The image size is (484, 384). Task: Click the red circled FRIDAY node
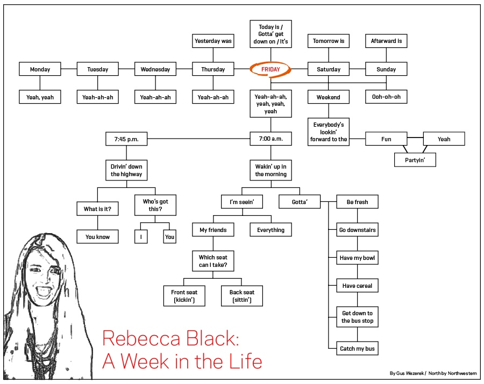pyautogui.click(x=271, y=69)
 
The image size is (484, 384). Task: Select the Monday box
pyautogui.click(x=40, y=69)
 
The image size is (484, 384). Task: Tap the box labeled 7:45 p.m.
pyautogui.click(x=126, y=139)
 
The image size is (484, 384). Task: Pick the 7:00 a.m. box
pyautogui.click(x=271, y=139)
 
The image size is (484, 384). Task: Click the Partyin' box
pyautogui.click(x=415, y=160)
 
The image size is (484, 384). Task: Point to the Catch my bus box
pyautogui.click(x=357, y=349)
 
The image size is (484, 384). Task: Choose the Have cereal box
pyautogui.click(x=357, y=286)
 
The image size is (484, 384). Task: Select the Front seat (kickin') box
pyautogui.click(x=184, y=296)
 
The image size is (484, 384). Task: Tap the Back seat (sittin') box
pyautogui.click(x=241, y=296)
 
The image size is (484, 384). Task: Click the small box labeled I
pyautogui.click(x=141, y=236)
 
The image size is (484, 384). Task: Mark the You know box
pyautogui.click(x=97, y=236)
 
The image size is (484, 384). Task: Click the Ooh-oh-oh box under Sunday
pyautogui.click(x=386, y=97)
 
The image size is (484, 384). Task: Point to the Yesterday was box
pyautogui.click(x=213, y=41)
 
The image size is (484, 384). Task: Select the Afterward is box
pyautogui.click(x=386, y=41)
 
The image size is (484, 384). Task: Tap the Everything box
pyautogui.click(x=271, y=230)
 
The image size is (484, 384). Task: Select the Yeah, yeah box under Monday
pyautogui.click(x=40, y=97)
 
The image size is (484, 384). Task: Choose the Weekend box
pyautogui.click(x=328, y=97)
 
